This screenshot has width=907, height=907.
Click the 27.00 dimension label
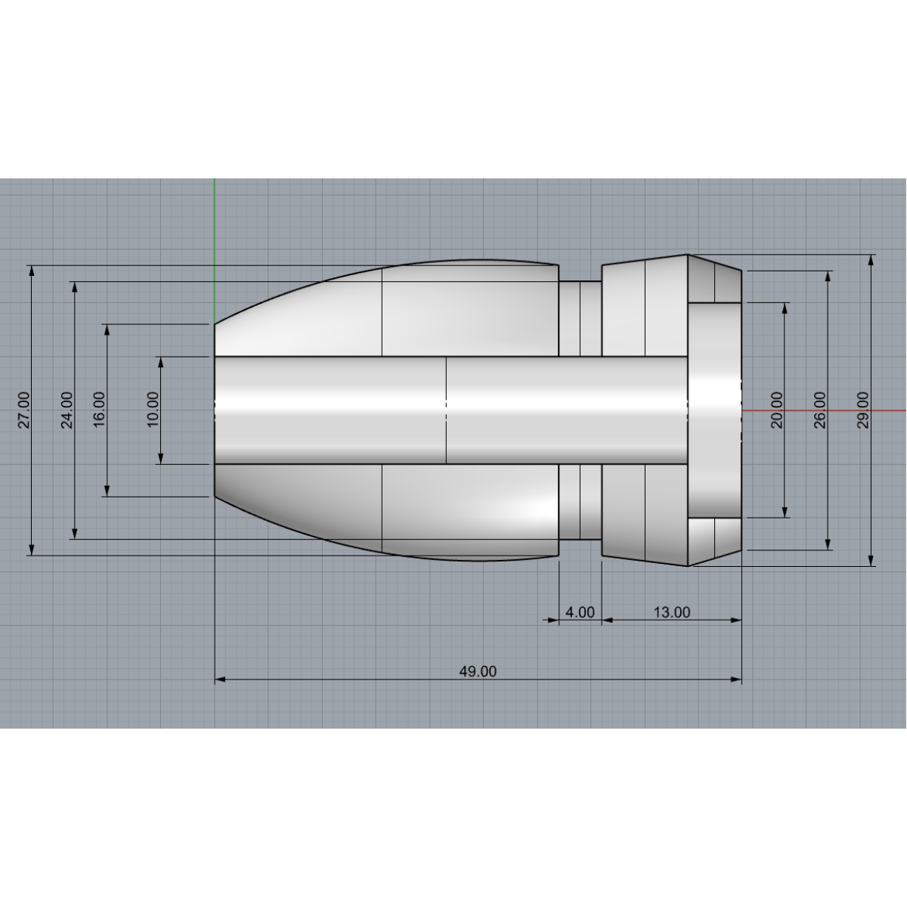(24, 410)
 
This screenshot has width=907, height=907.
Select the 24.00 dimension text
(67, 410)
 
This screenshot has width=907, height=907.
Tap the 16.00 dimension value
(100, 410)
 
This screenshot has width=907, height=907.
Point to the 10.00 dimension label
(153, 410)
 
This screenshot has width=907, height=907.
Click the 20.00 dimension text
(776, 410)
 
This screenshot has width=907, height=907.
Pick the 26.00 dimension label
(820, 410)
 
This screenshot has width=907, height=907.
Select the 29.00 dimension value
(863, 410)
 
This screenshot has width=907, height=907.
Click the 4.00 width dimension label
(580, 612)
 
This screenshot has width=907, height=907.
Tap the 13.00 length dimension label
(671, 612)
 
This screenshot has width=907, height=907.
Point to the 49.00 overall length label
(478, 671)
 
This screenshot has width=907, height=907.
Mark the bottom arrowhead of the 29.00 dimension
(871, 559)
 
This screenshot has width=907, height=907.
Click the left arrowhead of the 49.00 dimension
(221, 679)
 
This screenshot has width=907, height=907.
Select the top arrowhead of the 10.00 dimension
(161, 362)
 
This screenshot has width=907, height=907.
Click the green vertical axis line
(215, 227)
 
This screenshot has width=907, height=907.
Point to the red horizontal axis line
(824, 410)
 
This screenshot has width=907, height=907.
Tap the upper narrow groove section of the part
(580, 317)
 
